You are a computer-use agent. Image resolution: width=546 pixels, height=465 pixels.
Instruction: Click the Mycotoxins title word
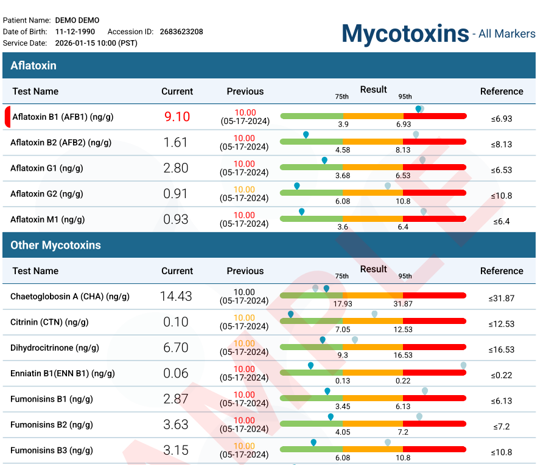[x=404, y=33]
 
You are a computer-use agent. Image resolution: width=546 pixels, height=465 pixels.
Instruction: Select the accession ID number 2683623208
[x=181, y=32]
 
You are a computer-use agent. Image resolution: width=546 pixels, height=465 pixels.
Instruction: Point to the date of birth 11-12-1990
[x=75, y=32]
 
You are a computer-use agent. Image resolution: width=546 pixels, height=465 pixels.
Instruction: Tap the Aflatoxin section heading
[x=33, y=66]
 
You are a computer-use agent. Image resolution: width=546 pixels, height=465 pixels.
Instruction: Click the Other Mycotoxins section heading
[x=55, y=246]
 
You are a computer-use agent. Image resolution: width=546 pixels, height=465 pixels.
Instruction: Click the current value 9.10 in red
[x=177, y=117]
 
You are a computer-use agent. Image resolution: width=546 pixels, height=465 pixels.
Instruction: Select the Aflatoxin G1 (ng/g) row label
[x=47, y=168]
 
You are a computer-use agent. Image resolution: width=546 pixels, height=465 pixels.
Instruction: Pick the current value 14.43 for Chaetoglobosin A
[x=176, y=297]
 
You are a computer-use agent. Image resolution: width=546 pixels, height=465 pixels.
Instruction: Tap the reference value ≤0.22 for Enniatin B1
[x=502, y=375]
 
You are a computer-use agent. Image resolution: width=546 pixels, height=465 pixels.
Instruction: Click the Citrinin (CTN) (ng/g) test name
[x=49, y=322]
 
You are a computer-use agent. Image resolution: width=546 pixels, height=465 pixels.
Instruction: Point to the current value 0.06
[x=176, y=373]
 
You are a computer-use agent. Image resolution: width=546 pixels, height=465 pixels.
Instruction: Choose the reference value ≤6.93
[x=502, y=119]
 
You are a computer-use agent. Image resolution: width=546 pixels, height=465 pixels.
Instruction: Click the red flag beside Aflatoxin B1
[x=7, y=117]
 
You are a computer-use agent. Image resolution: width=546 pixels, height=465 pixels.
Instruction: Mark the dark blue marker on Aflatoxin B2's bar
[x=306, y=135]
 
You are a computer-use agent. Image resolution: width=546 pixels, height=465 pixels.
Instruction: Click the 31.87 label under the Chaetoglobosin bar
[x=403, y=304]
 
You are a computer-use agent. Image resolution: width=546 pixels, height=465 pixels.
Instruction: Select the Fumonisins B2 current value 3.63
[x=176, y=425]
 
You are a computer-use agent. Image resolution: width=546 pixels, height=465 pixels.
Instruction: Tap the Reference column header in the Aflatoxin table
[x=502, y=91]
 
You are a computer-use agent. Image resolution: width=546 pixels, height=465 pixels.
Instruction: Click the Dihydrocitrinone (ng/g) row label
[x=55, y=348]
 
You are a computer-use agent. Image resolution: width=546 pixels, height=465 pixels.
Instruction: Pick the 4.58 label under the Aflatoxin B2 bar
[x=343, y=150]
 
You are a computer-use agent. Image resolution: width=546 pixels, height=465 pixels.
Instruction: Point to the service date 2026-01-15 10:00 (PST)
[x=97, y=43]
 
